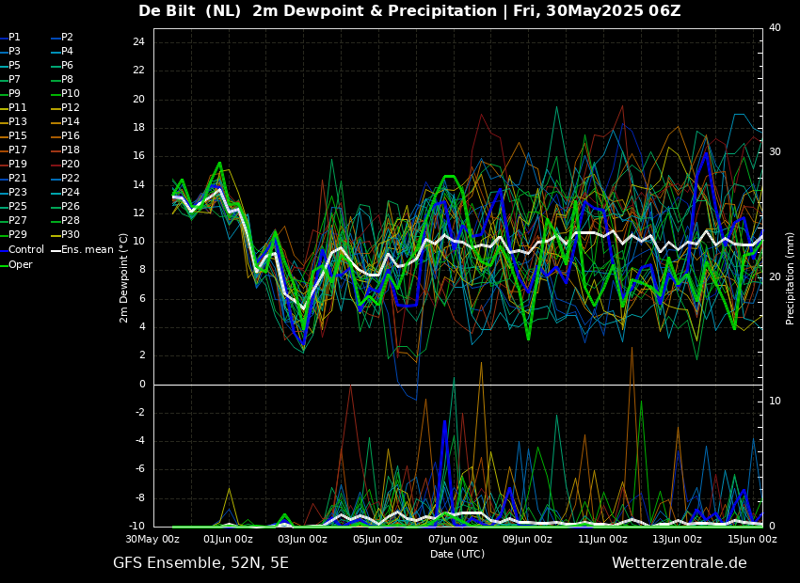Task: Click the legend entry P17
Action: pos(18,150)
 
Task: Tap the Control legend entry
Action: pos(25,250)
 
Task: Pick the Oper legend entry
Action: pos(20,265)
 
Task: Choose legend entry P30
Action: pos(71,235)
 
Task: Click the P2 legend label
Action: pos(67,38)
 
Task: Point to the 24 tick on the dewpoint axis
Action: pos(138,42)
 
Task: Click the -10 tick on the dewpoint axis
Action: pos(136,527)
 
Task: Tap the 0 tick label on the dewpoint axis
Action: pos(141,385)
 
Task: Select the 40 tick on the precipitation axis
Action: pos(775,28)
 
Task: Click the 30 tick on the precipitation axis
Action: pos(775,152)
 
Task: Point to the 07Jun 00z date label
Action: pos(453,540)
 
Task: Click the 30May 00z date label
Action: pos(153,540)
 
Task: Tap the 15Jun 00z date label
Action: pos(752,540)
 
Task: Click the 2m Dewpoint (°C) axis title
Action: pos(124,277)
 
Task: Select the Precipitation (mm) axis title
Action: pos(791,277)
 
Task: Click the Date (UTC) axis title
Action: pos(457,555)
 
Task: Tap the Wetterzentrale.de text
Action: pos(679,563)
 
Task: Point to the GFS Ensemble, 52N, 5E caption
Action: pos(200,563)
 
